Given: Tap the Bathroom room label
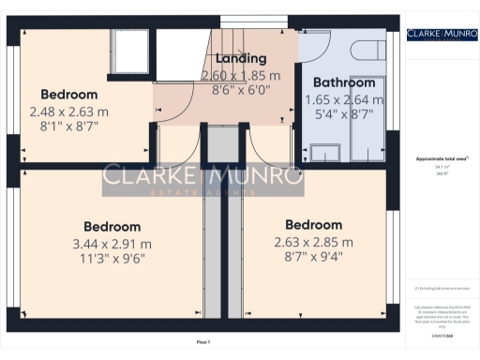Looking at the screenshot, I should pyautogui.click(x=345, y=82).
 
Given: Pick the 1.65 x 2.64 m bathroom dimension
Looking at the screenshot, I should pyautogui.click(x=345, y=99).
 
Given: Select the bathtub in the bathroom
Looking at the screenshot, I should pyautogui.click(x=368, y=122).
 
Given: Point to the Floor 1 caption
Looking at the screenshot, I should pyautogui.click(x=203, y=342).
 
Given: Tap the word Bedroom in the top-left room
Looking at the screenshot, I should pyautogui.click(x=68, y=95).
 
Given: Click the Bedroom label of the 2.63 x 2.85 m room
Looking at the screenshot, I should pyautogui.click(x=313, y=225).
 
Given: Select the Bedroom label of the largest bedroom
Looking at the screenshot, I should pyautogui.click(x=112, y=227).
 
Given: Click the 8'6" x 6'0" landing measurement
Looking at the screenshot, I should pyautogui.click(x=241, y=92).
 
